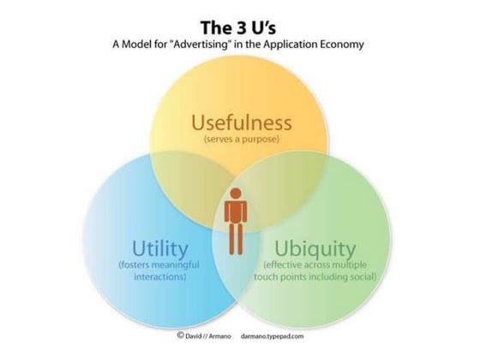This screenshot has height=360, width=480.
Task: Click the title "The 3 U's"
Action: pos(238,27)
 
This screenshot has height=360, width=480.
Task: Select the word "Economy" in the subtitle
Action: pos(342,45)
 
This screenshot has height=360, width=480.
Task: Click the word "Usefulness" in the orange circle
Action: pos(242,123)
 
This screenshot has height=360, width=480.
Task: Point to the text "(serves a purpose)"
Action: pos(242,139)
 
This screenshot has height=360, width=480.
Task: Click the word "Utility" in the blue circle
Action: pos(160,249)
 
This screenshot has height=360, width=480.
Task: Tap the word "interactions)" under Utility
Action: pos(160,277)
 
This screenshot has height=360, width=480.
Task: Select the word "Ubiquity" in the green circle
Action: pos(315,249)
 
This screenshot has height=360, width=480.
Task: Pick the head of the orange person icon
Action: pos(236,194)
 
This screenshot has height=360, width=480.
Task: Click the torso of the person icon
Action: pos(236,212)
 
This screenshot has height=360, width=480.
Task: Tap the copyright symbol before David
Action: pos(180,335)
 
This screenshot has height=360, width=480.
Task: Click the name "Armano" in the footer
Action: pos(220,336)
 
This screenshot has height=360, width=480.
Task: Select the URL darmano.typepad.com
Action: pos(273,336)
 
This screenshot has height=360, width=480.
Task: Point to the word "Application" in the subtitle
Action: pos(291,45)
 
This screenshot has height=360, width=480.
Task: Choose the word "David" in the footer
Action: pos(194,336)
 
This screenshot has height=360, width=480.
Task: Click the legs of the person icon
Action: pos(236,239)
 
